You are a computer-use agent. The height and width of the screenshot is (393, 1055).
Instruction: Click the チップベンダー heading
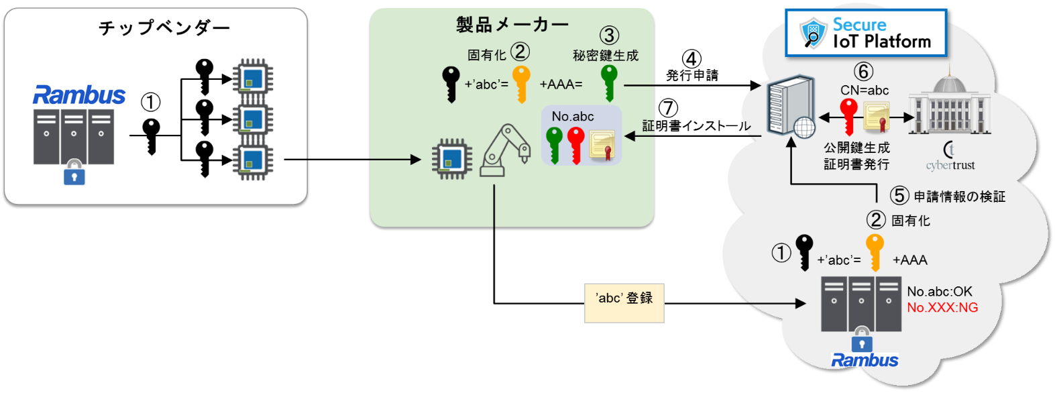pos(164,27)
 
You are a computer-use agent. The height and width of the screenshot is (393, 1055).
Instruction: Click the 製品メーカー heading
pos(512,25)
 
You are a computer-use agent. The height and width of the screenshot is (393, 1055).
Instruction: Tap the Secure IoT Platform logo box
pos(865,33)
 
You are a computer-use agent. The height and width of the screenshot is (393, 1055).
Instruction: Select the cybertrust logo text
pos(950,165)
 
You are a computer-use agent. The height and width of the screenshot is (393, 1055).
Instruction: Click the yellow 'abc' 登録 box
pos(624,302)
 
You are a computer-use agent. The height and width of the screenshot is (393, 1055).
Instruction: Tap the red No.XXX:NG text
pos(942,308)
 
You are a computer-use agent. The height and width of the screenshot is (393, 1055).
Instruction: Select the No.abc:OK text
pos(939,292)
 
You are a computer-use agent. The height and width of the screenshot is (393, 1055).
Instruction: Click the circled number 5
pos(899,196)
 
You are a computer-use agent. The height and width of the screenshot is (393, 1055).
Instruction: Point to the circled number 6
pos(863,72)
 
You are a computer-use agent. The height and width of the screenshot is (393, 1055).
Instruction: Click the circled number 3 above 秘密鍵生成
pos(608,36)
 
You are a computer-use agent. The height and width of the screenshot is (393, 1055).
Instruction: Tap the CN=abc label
pos(865,91)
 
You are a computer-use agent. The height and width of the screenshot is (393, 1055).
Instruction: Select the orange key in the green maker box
pos(521,83)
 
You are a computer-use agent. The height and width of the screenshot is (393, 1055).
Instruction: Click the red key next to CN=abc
pos(849,115)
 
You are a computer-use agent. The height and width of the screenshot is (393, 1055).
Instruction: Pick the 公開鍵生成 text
pos(856,148)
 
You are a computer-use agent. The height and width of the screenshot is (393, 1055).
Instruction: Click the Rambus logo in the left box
pos(79,95)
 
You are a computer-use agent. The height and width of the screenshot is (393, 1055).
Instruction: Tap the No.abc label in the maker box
pos(573,116)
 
